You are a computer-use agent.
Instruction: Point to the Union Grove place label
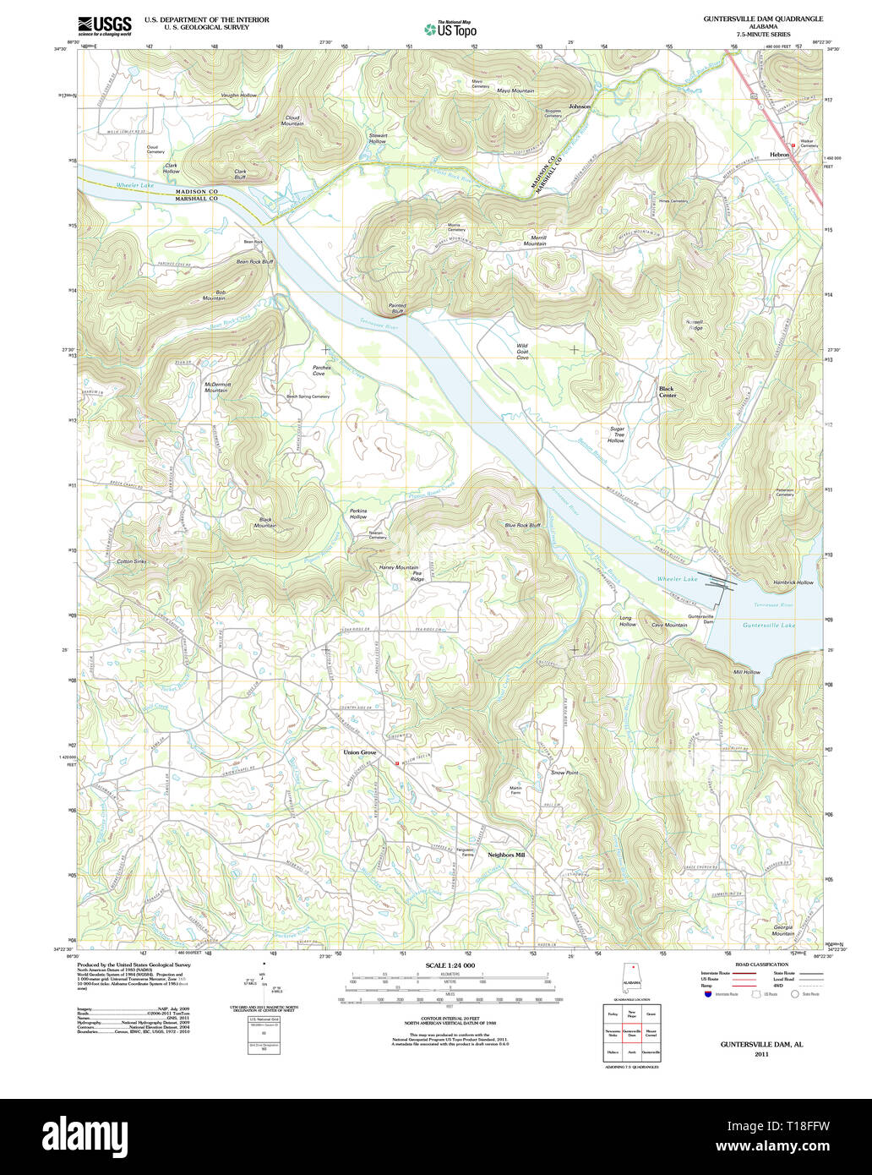coord(359,751)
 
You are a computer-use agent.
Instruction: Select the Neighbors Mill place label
coord(506,855)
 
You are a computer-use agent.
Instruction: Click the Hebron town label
coord(780,155)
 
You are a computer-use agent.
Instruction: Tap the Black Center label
coord(668,392)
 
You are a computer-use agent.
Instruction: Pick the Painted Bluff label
coord(397,309)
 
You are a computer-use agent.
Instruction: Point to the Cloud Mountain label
coord(292,121)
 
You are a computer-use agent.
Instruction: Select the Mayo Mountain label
coord(515,90)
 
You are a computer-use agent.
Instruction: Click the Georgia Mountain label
coord(783,930)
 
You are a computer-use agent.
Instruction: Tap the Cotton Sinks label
coord(131,561)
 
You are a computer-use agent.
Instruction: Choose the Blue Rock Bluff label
coord(522,525)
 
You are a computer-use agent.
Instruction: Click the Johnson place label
coord(580,107)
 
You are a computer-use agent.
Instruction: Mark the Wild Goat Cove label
coord(522,352)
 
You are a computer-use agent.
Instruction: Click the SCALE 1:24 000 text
coord(450,965)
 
